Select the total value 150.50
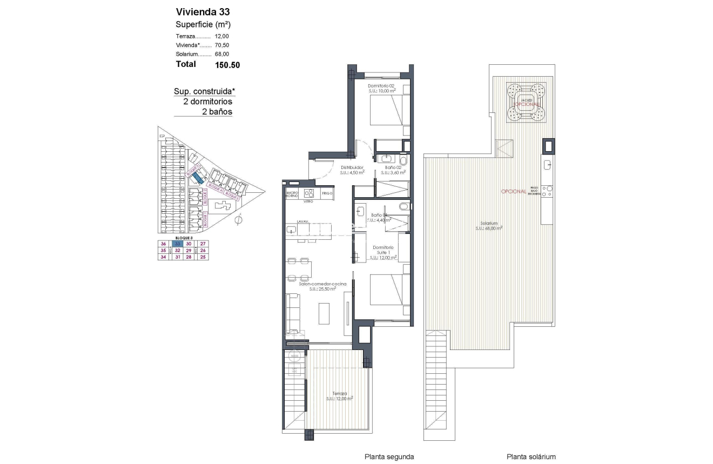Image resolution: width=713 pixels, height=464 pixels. tap(227, 65)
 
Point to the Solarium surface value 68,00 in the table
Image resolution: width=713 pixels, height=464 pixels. tap(222, 54)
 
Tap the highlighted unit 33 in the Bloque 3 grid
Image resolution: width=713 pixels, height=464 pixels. tap(177, 244)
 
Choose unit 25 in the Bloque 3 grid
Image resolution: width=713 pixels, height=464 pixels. tap(203, 258)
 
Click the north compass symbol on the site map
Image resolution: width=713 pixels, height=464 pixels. tap(239, 219)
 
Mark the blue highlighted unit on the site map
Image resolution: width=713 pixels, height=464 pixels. tap(198, 175)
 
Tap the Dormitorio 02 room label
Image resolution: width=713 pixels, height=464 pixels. tap(382, 86)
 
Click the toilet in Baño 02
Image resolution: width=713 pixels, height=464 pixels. tap(403, 160)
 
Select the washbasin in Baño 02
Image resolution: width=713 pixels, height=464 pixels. tap(387, 158)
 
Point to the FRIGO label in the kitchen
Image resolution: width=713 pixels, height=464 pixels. tap(326, 193)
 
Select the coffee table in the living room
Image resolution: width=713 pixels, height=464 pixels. tap(324, 313)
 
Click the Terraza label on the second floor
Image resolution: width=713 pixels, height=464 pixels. tap(340, 394)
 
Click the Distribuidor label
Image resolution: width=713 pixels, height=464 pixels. tap(352, 167)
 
